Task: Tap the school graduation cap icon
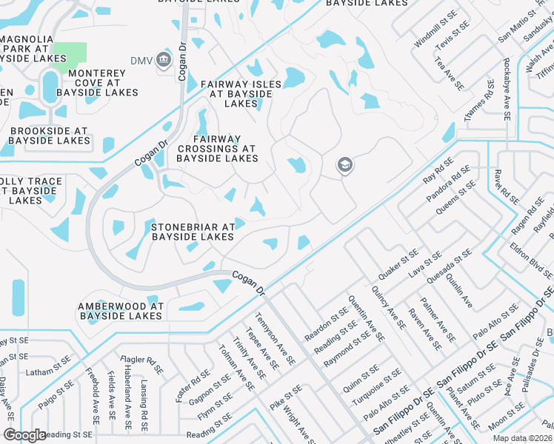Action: pyautogui.click(x=344, y=165)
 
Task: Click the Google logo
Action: pyautogui.click(x=24, y=435)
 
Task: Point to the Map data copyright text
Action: pyautogui.click(x=522, y=438)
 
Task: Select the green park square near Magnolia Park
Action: pyautogui.click(x=69, y=53)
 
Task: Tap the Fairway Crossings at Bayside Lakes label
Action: pyautogui.click(x=217, y=149)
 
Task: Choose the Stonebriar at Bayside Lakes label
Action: pyautogui.click(x=193, y=232)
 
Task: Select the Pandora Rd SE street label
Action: pyautogui.click(x=447, y=185)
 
